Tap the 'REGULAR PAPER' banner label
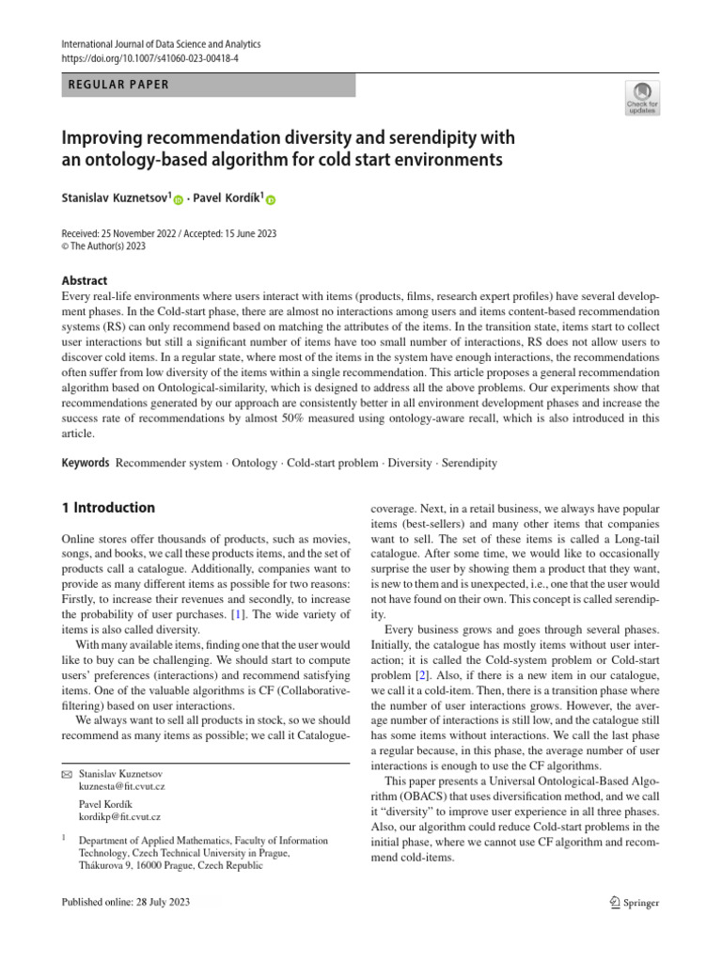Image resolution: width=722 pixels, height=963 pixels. [x=119, y=85]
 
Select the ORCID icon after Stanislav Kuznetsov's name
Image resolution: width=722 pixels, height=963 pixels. [x=179, y=200]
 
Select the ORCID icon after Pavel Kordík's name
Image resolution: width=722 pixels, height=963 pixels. [x=271, y=200]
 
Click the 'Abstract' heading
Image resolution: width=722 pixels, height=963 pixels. [x=84, y=280]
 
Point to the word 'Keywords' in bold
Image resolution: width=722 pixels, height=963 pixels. [x=85, y=464]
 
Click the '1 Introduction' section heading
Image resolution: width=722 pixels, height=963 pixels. [x=107, y=508]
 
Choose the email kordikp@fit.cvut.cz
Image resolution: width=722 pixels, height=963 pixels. [x=119, y=818]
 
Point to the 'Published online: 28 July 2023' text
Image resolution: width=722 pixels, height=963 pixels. [x=125, y=903]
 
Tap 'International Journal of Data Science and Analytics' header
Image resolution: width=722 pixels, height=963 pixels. [x=160, y=44]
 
